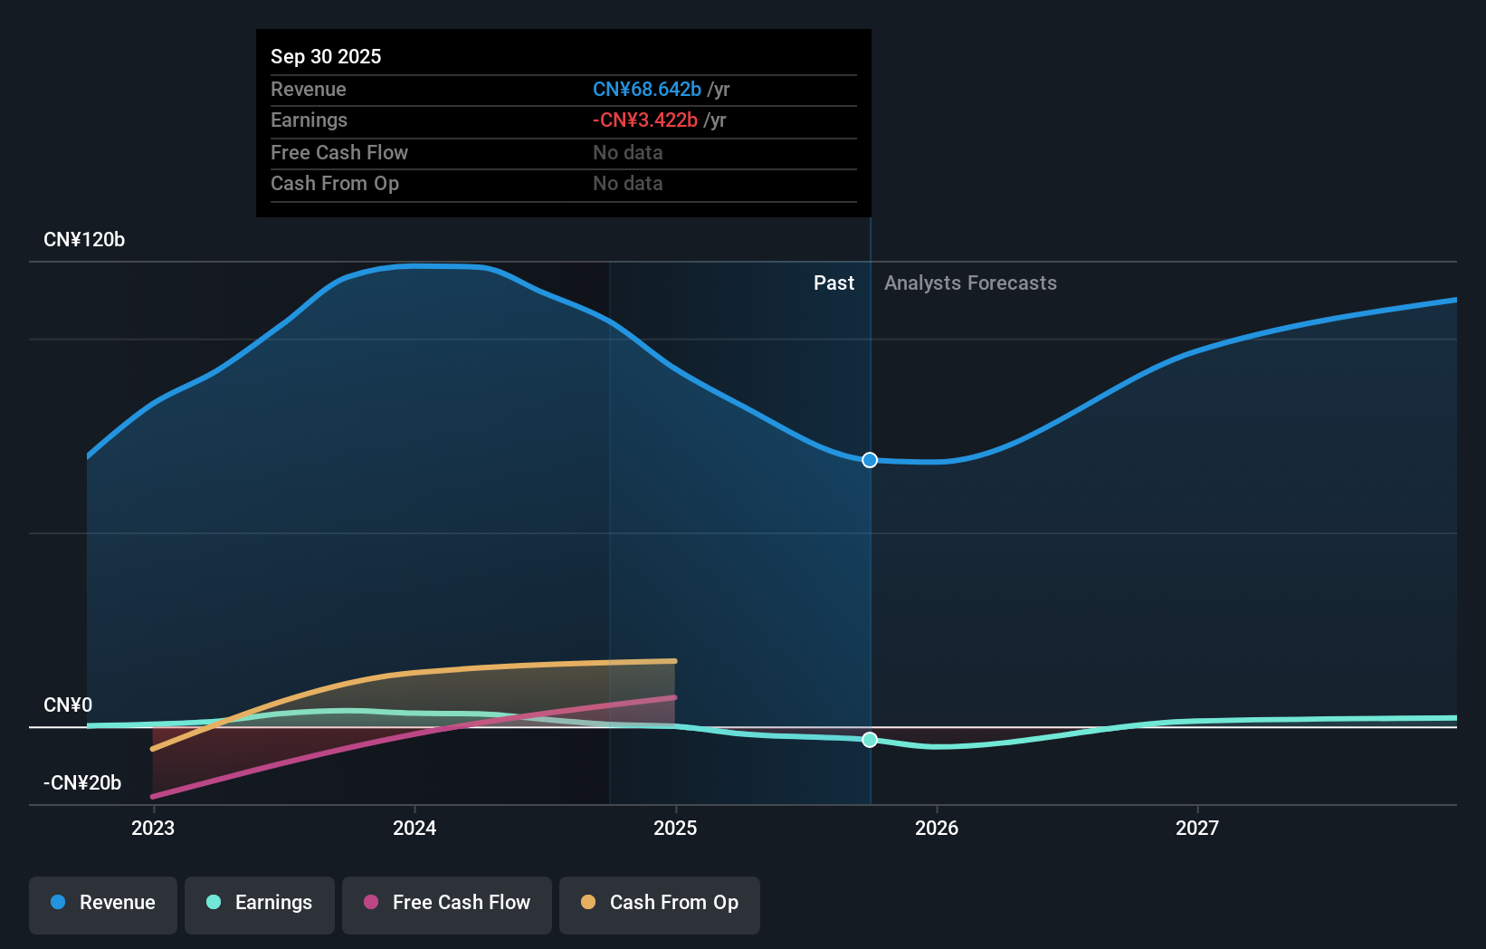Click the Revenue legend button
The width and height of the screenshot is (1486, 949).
(x=103, y=904)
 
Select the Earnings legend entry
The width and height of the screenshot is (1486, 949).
(x=260, y=904)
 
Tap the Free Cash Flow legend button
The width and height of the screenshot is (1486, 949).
(x=447, y=904)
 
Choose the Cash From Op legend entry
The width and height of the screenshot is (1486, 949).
(x=660, y=904)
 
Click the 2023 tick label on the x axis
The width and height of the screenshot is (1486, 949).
(x=153, y=829)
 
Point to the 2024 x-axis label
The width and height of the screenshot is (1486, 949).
(x=414, y=829)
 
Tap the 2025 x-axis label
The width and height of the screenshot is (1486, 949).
(x=675, y=829)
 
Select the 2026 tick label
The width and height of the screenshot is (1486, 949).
(x=937, y=829)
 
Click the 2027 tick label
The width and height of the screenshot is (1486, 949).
(x=1197, y=829)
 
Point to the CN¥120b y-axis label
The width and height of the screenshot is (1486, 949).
(x=84, y=240)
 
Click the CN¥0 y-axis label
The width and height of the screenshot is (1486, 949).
(x=68, y=705)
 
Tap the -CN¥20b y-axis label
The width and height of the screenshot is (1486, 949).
(x=82, y=783)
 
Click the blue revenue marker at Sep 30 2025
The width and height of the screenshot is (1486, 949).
(x=870, y=460)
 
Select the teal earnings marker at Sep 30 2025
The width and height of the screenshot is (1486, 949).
(x=870, y=740)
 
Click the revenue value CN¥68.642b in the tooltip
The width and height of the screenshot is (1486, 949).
(x=646, y=90)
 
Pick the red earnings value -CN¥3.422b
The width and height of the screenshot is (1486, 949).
(x=644, y=120)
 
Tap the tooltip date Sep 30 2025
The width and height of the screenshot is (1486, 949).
(x=326, y=57)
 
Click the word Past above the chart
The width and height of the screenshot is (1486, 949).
(x=833, y=283)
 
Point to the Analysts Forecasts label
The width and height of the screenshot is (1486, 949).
(x=970, y=283)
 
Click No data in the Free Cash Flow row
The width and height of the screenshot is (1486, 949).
(x=627, y=153)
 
